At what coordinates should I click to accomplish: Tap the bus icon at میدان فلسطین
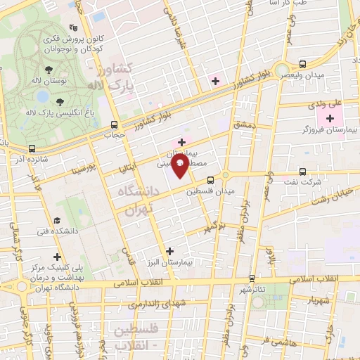[210, 179]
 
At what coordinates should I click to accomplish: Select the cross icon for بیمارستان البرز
[169, 250]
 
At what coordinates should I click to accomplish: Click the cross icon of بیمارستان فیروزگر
[330, 117]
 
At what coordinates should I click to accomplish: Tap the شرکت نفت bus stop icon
[303, 171]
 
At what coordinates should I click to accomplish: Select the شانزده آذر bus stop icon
[32, 148]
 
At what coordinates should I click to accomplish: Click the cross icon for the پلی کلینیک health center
[58, 256]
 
